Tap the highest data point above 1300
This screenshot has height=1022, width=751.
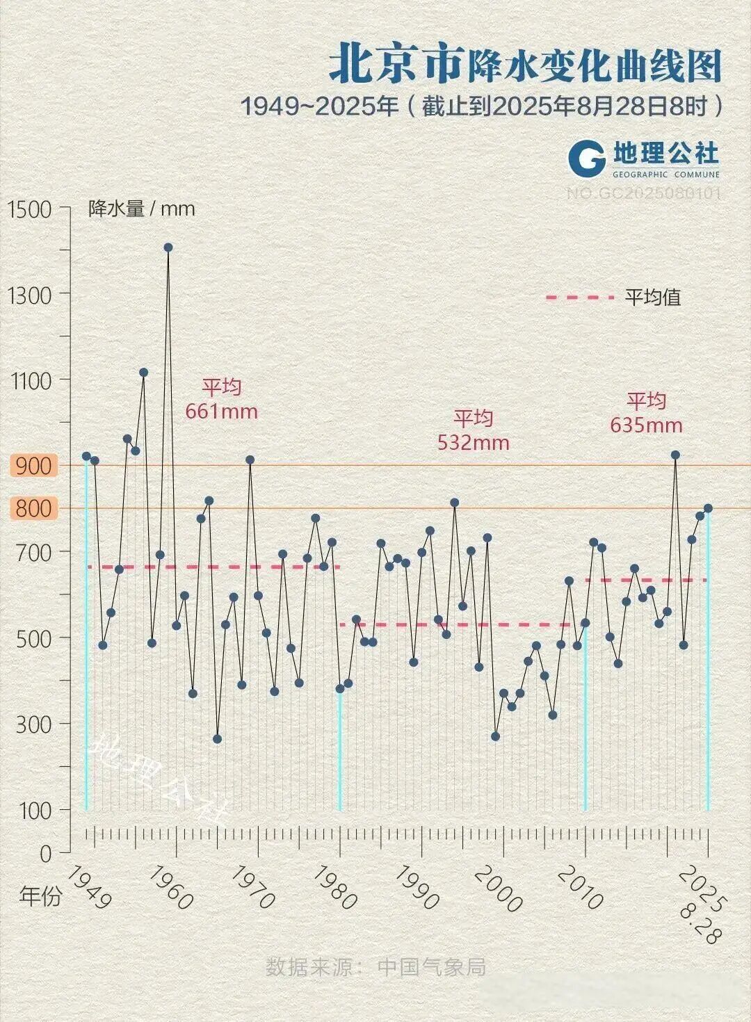pos(168,248)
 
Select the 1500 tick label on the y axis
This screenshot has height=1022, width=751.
pos(29,209)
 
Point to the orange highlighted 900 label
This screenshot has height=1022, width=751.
pos(33,466)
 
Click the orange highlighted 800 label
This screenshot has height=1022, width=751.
pos(33,508)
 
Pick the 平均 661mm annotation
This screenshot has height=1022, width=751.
pos(221,399)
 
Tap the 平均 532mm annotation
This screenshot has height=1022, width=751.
pos(474,430)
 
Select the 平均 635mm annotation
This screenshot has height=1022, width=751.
pos(646,412)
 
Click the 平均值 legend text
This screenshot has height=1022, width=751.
pos(652,298)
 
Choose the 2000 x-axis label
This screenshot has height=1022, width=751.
pos(498,888)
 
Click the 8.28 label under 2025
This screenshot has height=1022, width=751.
pos(698,923)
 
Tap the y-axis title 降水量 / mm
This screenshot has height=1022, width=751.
pos(141,209)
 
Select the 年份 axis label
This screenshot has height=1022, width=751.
pos(40,896)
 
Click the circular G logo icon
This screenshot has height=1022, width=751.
pos(587,158)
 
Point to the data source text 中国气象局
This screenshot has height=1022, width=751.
pos(431,966)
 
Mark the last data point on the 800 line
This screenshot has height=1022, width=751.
pos(708,508)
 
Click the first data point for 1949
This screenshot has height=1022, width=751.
pos(86,456)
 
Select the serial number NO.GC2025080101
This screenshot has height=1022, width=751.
pos(643,193)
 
